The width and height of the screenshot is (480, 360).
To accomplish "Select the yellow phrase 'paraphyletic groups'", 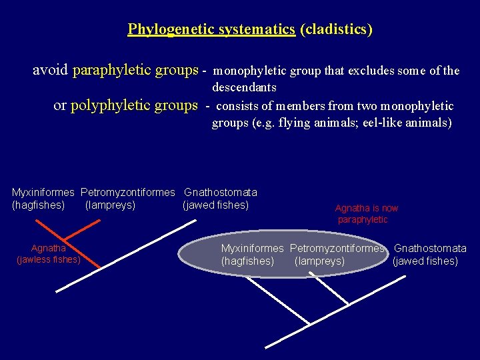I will (135, 70).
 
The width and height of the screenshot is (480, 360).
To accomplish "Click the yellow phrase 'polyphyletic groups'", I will (134, 105).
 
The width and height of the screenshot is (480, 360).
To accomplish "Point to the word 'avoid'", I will (51, 70).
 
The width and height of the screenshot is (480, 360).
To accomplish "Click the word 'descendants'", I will (244, 87).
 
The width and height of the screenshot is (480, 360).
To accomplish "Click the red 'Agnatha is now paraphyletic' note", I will (366, 214).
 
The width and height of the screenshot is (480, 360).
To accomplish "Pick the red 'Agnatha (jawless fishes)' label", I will (48, 254).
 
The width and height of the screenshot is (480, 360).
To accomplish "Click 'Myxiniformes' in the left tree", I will (43, 193).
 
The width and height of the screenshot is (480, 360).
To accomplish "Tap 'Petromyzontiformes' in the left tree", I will (127, 193).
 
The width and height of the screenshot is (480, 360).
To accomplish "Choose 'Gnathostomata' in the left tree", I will (221, 193).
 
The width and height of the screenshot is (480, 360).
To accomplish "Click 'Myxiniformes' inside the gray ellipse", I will (253, 249).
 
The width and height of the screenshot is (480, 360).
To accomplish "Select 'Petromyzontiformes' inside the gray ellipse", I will (337, 249).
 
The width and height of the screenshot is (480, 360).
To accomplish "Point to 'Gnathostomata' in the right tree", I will (430, 249).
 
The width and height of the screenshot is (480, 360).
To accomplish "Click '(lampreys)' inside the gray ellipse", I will (319, 261).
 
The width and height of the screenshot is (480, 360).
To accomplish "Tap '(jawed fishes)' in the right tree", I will (425, 261).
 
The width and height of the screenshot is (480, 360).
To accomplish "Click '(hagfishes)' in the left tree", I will (39, 205).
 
